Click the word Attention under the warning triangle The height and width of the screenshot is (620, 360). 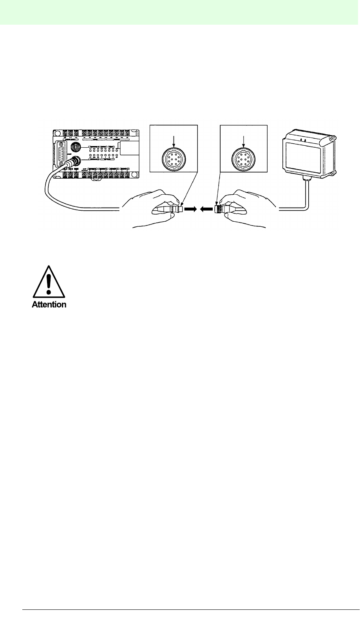[x=49, y=304]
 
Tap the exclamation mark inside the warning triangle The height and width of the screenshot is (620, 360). [x=49, y=283]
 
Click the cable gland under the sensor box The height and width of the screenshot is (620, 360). [x=306, y=179]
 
